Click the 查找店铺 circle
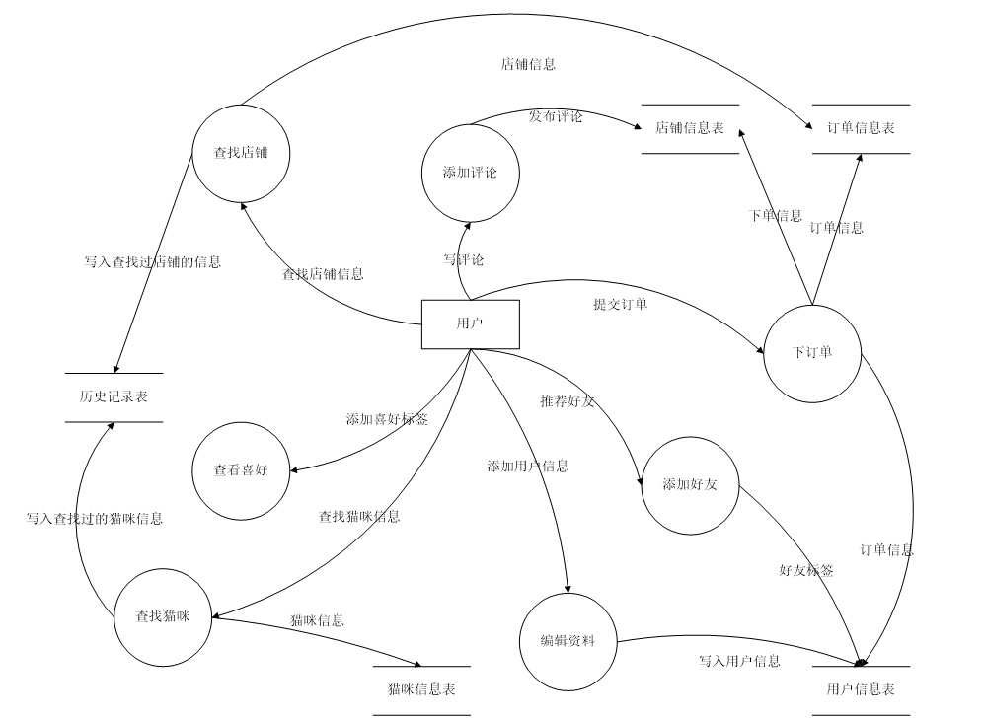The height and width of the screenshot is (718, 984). (241, 153)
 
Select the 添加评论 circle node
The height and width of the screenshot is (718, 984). (471, 173)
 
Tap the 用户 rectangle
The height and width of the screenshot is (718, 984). (470, 323)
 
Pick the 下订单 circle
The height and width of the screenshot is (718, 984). (812, 353)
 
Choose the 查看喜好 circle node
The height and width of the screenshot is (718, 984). (241, 470)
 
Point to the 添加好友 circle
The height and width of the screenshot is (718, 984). (690, 485)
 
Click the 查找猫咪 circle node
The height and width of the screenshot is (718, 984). (163, 617)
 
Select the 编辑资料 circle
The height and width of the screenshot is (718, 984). (568, 641)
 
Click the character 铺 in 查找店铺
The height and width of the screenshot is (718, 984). (262, 153)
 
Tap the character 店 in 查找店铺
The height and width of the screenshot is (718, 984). (248, 153)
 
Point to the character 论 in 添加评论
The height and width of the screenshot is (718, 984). (491, 173)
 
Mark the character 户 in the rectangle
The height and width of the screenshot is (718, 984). (477, 323)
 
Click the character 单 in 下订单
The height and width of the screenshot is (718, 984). (826, 353)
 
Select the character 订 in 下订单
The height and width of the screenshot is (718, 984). (812, 353)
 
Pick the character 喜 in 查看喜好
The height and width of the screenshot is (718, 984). (248, 470)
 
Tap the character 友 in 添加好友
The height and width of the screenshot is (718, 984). (711, 485)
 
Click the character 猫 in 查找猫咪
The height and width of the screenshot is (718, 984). (170, 617)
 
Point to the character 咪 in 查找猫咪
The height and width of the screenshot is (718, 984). (184, 617)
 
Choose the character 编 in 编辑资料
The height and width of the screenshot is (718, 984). (547, 641)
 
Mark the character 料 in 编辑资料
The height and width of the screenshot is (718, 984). (588, 641)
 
